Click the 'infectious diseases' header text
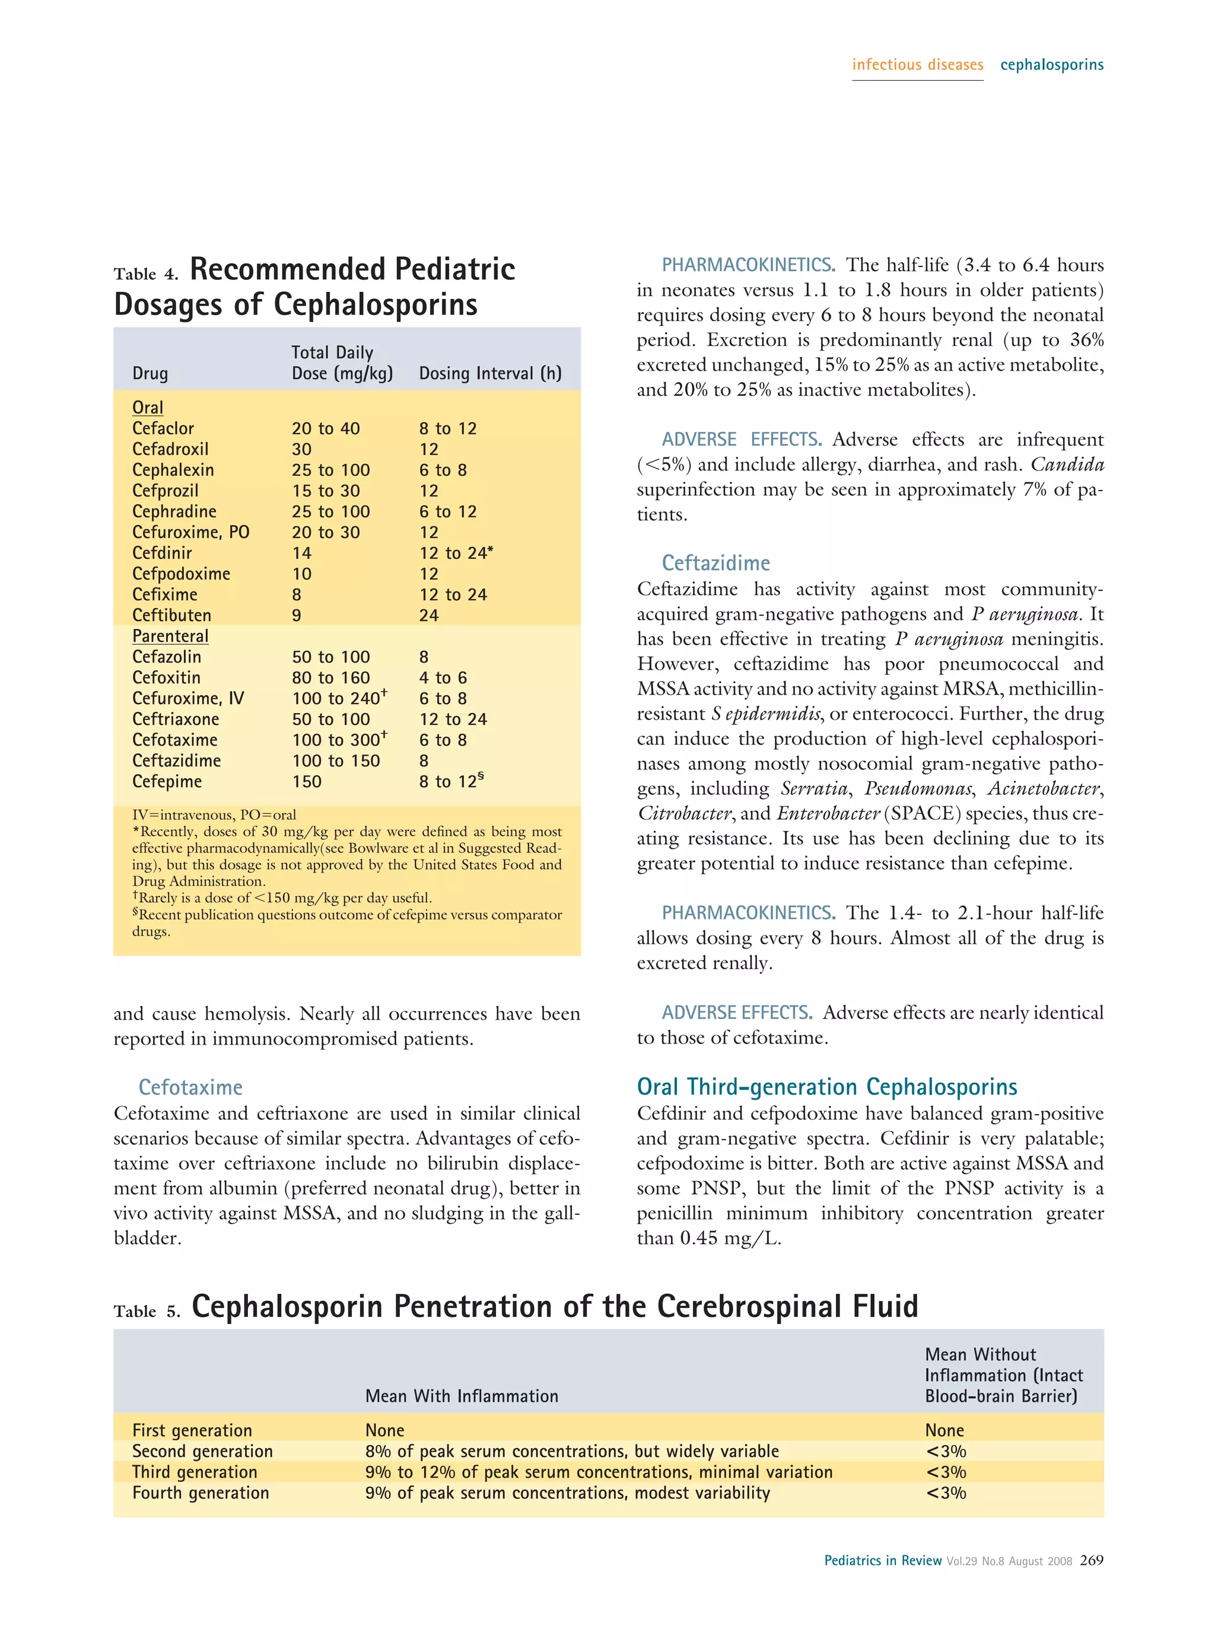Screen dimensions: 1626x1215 click(917, 65)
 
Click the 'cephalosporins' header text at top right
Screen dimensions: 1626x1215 click(1051, 65)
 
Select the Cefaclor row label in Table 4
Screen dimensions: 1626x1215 click(163, 428)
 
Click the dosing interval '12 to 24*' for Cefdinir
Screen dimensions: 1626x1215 click(456, 553)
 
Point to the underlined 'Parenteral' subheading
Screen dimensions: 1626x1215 click(170, 636)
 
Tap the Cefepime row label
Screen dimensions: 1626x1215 click(167, 781)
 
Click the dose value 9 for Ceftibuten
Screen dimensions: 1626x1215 click(296, 615)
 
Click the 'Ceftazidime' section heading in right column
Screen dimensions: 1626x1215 click(715, 563)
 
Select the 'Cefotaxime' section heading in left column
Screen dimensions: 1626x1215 click(190, 1087)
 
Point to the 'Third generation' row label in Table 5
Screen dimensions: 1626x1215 click(195, 1472)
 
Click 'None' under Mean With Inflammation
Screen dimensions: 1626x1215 click(384, 1430)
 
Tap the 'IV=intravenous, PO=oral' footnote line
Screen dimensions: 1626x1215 click(214, 814)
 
